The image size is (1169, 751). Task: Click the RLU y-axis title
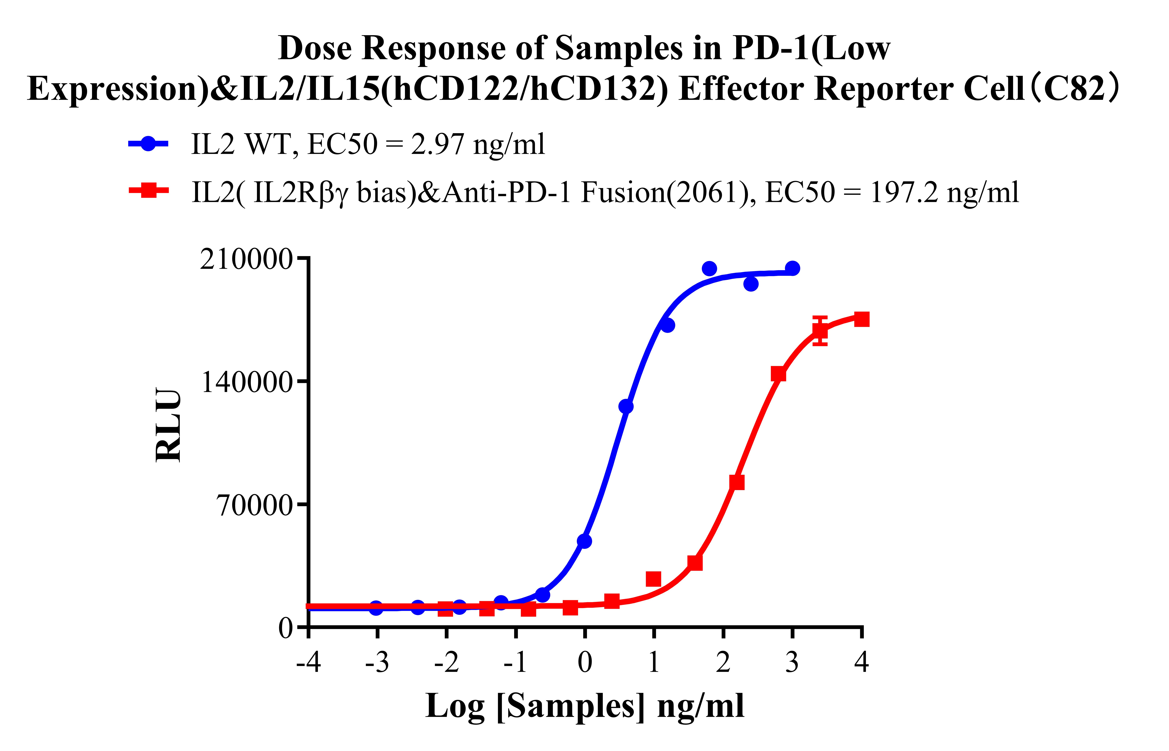click(x=168, y=424)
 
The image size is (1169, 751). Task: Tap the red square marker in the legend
click(x=149, y=190)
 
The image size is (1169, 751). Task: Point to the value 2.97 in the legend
click(x=437, y=144)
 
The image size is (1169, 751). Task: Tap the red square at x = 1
click(x=653, y=579)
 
